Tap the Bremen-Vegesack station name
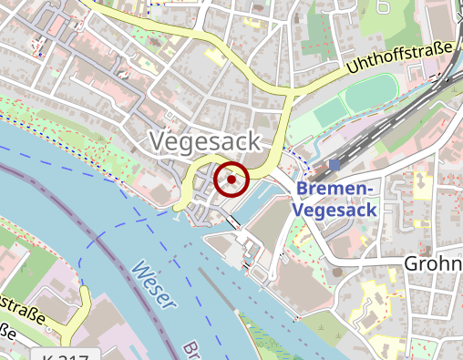click(334, 199)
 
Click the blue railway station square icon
click(335, 165)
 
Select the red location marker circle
click(231, 180)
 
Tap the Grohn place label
click(434, 263)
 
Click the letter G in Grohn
click(412, 263)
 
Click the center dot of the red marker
click(231, 180)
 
